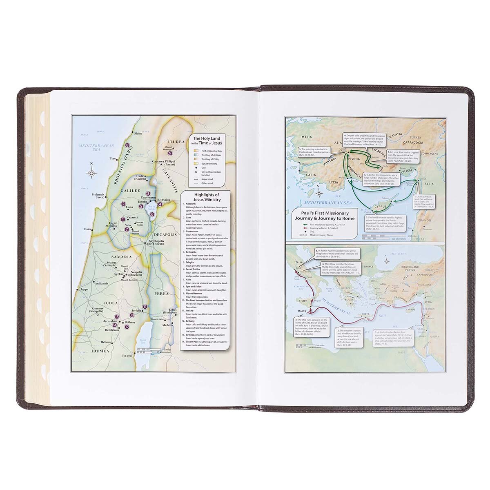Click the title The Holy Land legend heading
pos(205,140)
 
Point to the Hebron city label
pos(107,342)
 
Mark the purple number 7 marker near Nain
pos(127,229)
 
